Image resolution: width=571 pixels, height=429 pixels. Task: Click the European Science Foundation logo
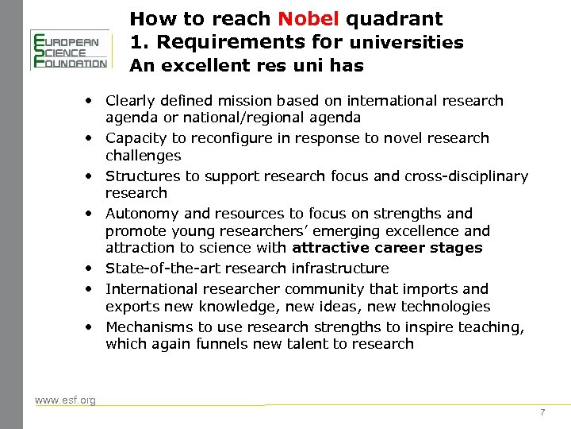pos(69,50)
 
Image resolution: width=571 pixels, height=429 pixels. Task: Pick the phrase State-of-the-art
pos(159,269)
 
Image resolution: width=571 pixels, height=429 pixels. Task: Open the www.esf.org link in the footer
pos(65,400)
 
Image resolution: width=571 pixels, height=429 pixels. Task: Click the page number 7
pos(542,412)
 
